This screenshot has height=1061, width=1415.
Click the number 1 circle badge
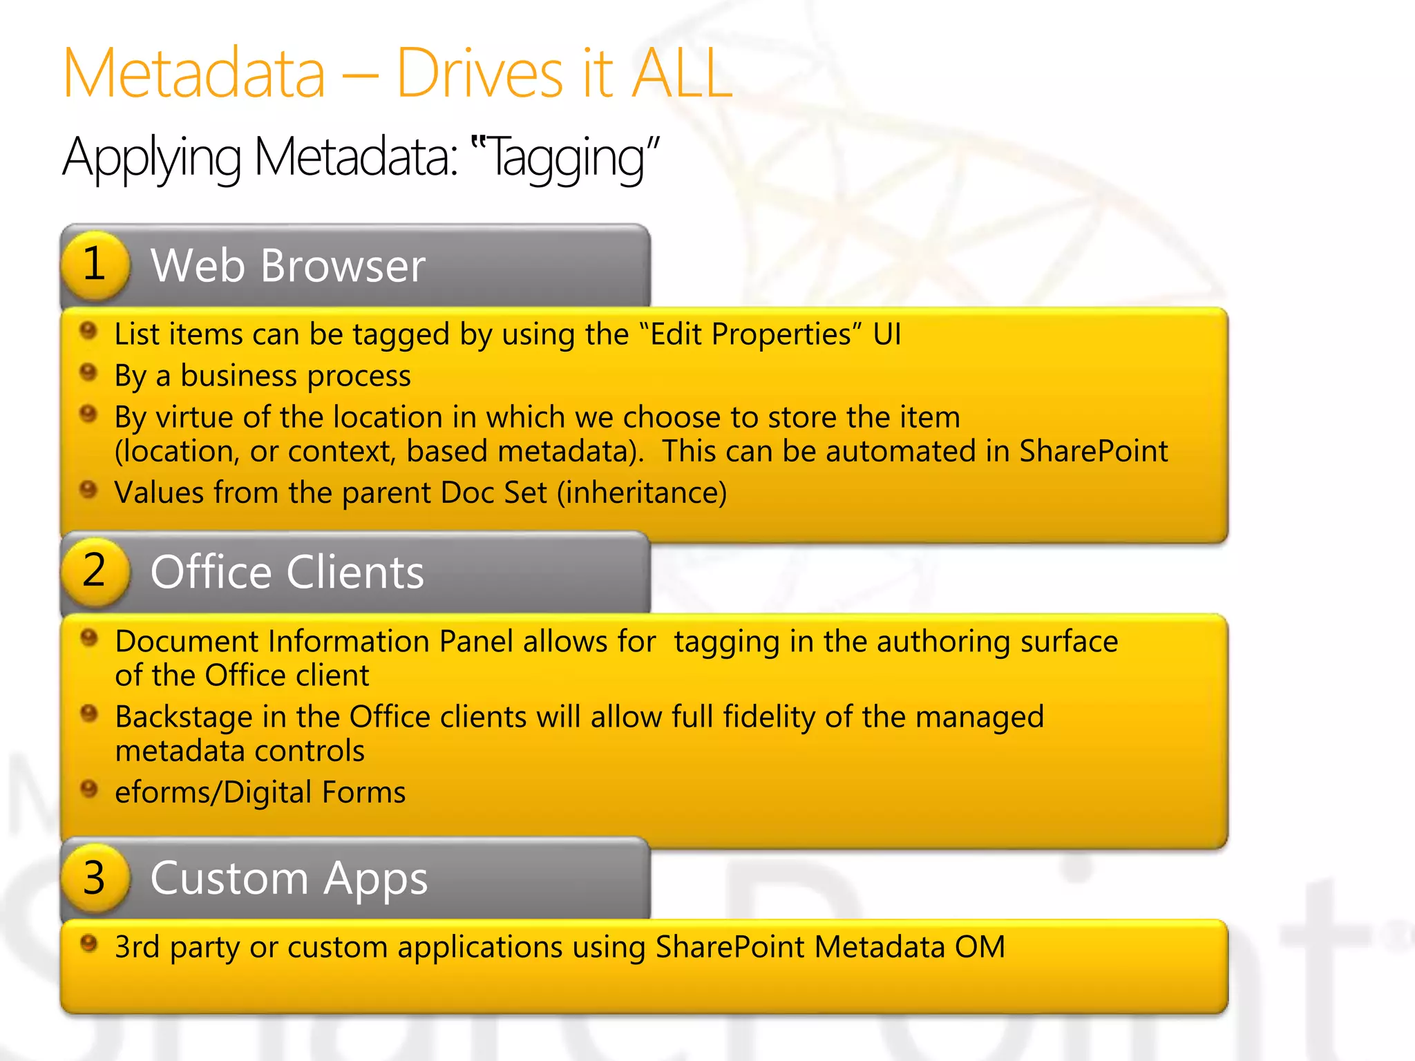(x=95, y=265)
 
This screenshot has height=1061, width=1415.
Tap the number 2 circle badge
(x=95, y=571)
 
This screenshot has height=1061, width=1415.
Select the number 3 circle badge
(x=95, y=878)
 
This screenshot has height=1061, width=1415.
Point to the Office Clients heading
(x=287, y=572)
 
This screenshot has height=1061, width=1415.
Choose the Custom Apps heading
(x=289, y=879)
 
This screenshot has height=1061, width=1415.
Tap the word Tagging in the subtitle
(x=566, y=157)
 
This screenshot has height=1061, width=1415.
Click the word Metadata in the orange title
(x=194, y=73)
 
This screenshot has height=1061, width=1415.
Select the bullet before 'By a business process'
(x=88, y=372)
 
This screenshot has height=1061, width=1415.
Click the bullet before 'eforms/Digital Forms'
(x=88, y=788)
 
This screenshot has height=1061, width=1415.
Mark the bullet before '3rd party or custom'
(x=88, y=943)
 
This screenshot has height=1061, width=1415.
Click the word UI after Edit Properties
(x=887, y=334)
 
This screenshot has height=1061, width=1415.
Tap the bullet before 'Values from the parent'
(x=88, y=490)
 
